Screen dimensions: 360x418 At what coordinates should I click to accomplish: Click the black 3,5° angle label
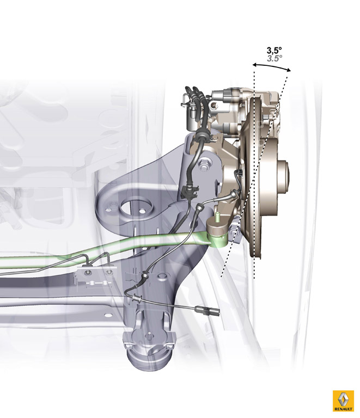274,50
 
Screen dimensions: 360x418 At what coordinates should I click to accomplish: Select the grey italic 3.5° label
274,58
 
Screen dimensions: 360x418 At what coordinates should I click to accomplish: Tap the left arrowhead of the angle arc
255,65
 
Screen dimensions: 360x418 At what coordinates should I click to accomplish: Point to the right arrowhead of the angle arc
288,70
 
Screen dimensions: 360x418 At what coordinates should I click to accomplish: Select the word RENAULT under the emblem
343,409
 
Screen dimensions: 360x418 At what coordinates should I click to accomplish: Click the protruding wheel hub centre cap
283,176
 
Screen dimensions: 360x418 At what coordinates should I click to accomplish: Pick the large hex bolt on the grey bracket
204,165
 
